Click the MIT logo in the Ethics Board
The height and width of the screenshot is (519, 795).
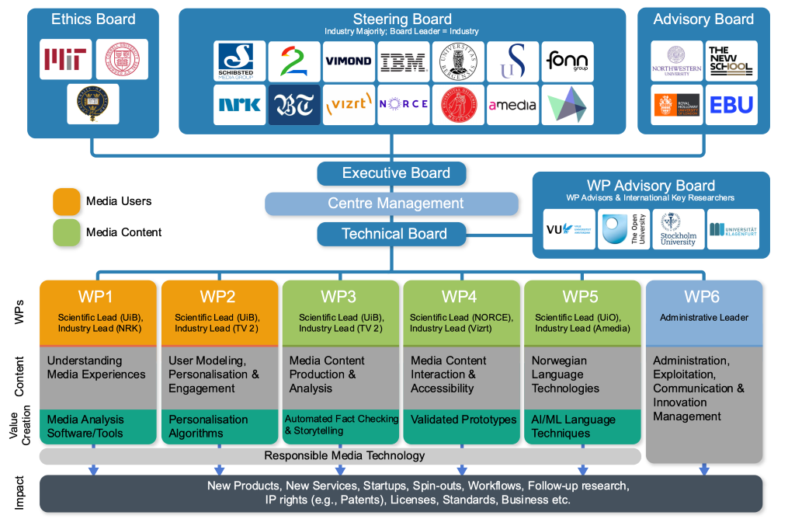(x=66, y=59)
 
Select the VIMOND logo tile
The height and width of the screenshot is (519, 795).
(x=349, y=61)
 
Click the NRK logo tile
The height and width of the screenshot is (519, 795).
(x=239, y=105)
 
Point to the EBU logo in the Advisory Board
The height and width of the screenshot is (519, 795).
(x=731, y=105)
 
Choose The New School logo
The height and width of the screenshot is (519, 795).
(x=731, y=61)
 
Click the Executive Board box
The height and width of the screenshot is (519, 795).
(x=391, y=173)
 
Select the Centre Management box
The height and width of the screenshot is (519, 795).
(x=391, y=204)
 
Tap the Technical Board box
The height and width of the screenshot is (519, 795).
(x=391, y=234)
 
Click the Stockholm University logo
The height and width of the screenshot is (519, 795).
(x=678, y=229)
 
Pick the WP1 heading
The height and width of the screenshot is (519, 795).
(x=95, y=296)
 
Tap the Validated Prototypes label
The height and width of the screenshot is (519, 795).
(x=463, y=420)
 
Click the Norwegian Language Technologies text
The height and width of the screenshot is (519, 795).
(x=566, y=374)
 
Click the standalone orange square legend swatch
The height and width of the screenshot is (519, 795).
(x=66, y=200)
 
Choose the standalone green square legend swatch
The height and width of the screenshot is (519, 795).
(x=66, y=232)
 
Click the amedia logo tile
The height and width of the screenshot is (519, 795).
(x=512, y=105)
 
